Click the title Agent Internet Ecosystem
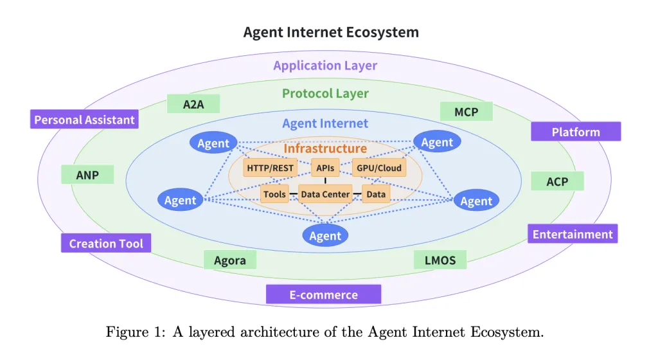331,32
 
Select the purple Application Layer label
325,65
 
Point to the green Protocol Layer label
325,93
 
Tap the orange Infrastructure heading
325,148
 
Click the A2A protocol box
193,104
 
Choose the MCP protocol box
466,112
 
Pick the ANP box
87,174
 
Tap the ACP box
557,181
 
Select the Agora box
230,260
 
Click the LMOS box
440,260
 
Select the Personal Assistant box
84,120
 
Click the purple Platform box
576,132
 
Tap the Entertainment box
573,234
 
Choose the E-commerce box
323,294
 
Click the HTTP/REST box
270,168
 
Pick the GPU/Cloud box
380,168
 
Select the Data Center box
325,194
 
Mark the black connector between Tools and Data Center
294,194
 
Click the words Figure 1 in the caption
127,332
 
